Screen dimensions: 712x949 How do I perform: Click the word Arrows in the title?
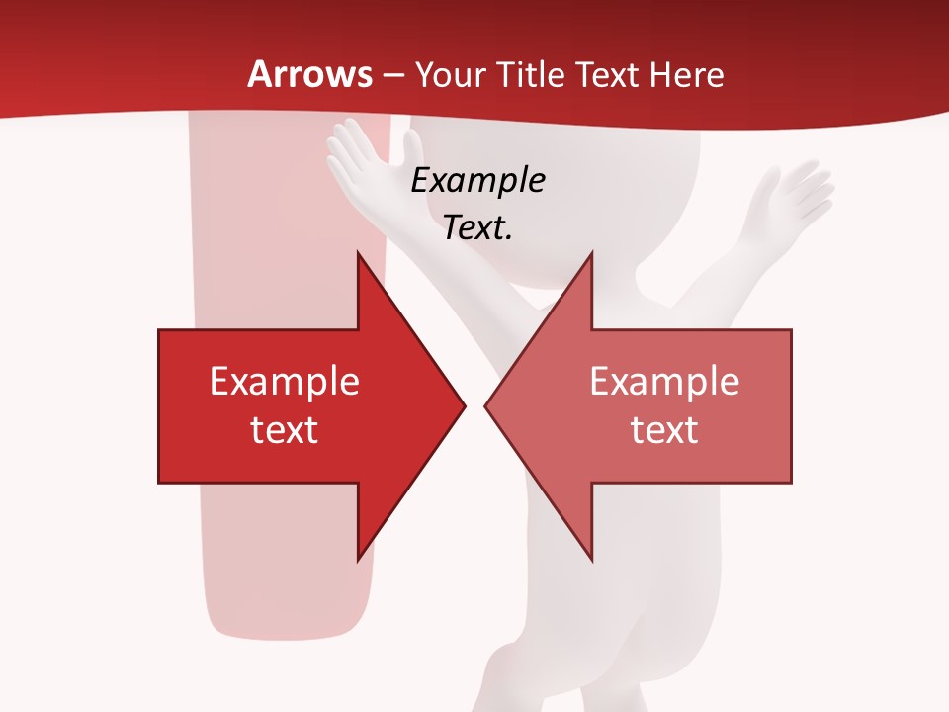(310, 75)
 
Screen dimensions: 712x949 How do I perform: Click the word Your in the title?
(448, 75)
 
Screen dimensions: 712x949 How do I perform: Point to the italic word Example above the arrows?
(478, 181)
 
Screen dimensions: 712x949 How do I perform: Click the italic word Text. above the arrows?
(478, 228)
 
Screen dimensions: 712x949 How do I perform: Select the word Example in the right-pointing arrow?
(285, 382)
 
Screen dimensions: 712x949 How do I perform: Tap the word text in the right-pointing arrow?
(285, 429)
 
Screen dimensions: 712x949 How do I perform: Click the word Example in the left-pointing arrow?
(664, 382)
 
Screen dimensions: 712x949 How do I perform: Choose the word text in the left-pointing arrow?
(664, 429)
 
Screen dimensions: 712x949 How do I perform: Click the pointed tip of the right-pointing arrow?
(464, 405)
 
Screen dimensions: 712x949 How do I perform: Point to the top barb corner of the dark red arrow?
(358, 253)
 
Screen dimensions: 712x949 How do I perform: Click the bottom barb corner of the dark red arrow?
(358, 560)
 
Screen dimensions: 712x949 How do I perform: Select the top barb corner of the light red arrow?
(591, 253)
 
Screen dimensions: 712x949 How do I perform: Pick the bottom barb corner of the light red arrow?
(591, 560)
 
